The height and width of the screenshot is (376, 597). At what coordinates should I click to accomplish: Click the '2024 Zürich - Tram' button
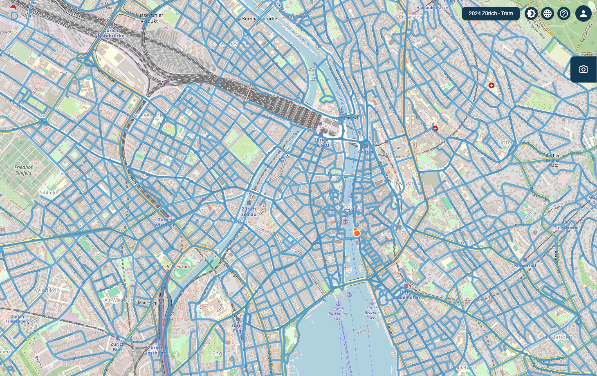[x=491, y=13]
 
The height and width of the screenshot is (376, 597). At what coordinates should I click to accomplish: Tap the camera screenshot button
[x=584, y=69]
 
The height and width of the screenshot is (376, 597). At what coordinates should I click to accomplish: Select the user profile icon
[x=584, y=13]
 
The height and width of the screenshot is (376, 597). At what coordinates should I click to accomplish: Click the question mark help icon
[x=564, y=13]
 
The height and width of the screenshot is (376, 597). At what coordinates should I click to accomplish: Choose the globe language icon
[x=548, y=13]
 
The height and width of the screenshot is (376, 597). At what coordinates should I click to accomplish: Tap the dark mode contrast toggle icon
[x=531, y=13]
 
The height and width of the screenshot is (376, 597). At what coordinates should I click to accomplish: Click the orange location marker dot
[x=357, y=233]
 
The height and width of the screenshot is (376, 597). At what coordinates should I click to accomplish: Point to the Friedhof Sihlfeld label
[x=23, y=170]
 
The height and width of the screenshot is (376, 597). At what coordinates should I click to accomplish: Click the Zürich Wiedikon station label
[x=165, y=222]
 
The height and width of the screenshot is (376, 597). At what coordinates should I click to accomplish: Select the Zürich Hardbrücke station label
[x=111, y=33]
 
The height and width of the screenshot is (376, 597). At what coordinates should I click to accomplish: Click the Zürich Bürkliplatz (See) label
[x=338, y=314]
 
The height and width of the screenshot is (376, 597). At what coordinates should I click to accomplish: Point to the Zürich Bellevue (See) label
[x=372, y=313]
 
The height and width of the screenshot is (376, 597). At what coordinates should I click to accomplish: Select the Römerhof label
[x=525, y=266]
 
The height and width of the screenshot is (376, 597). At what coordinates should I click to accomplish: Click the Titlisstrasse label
[x=566, y=228]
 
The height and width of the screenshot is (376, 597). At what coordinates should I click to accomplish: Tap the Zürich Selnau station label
[x=249, y=211]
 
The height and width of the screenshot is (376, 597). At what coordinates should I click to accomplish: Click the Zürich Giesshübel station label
[x=155, y=350]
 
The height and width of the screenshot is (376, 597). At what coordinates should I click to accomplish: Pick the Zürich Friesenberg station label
[x=17, y=319]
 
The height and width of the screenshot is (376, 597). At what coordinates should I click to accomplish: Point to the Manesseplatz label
[x=151, y=303]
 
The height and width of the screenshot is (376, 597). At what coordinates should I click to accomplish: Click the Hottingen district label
[x=471, y=242]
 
